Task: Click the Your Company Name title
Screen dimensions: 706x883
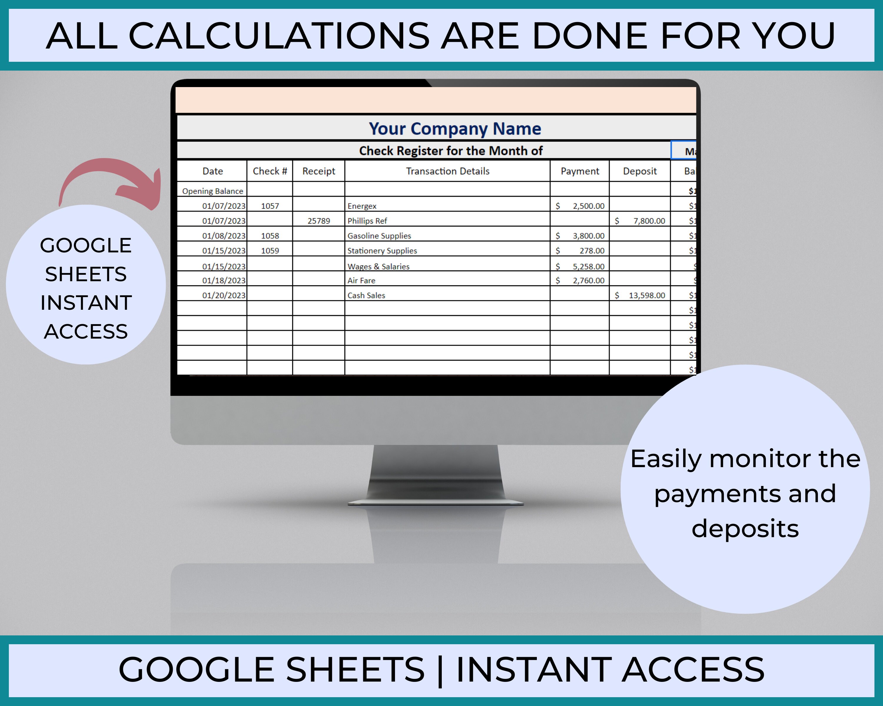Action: point(455,129)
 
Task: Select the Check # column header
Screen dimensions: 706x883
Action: point(270,171)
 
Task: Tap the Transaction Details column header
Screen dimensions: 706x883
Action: point(448,171)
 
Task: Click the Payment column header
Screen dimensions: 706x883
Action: point(580,171)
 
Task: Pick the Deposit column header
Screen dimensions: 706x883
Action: point(640,171)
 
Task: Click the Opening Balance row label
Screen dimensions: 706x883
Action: point(213,191)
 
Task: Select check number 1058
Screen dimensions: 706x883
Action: point(270,236)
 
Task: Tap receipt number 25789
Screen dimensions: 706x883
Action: point(319,221)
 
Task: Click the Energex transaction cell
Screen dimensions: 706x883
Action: point(362,206)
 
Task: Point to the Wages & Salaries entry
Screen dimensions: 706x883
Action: point(379,267)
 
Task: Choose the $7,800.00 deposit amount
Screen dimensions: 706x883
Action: point(649,221)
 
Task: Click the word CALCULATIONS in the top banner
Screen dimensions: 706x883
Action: point(278,36)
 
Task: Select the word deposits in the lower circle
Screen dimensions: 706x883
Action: point(745,529)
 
